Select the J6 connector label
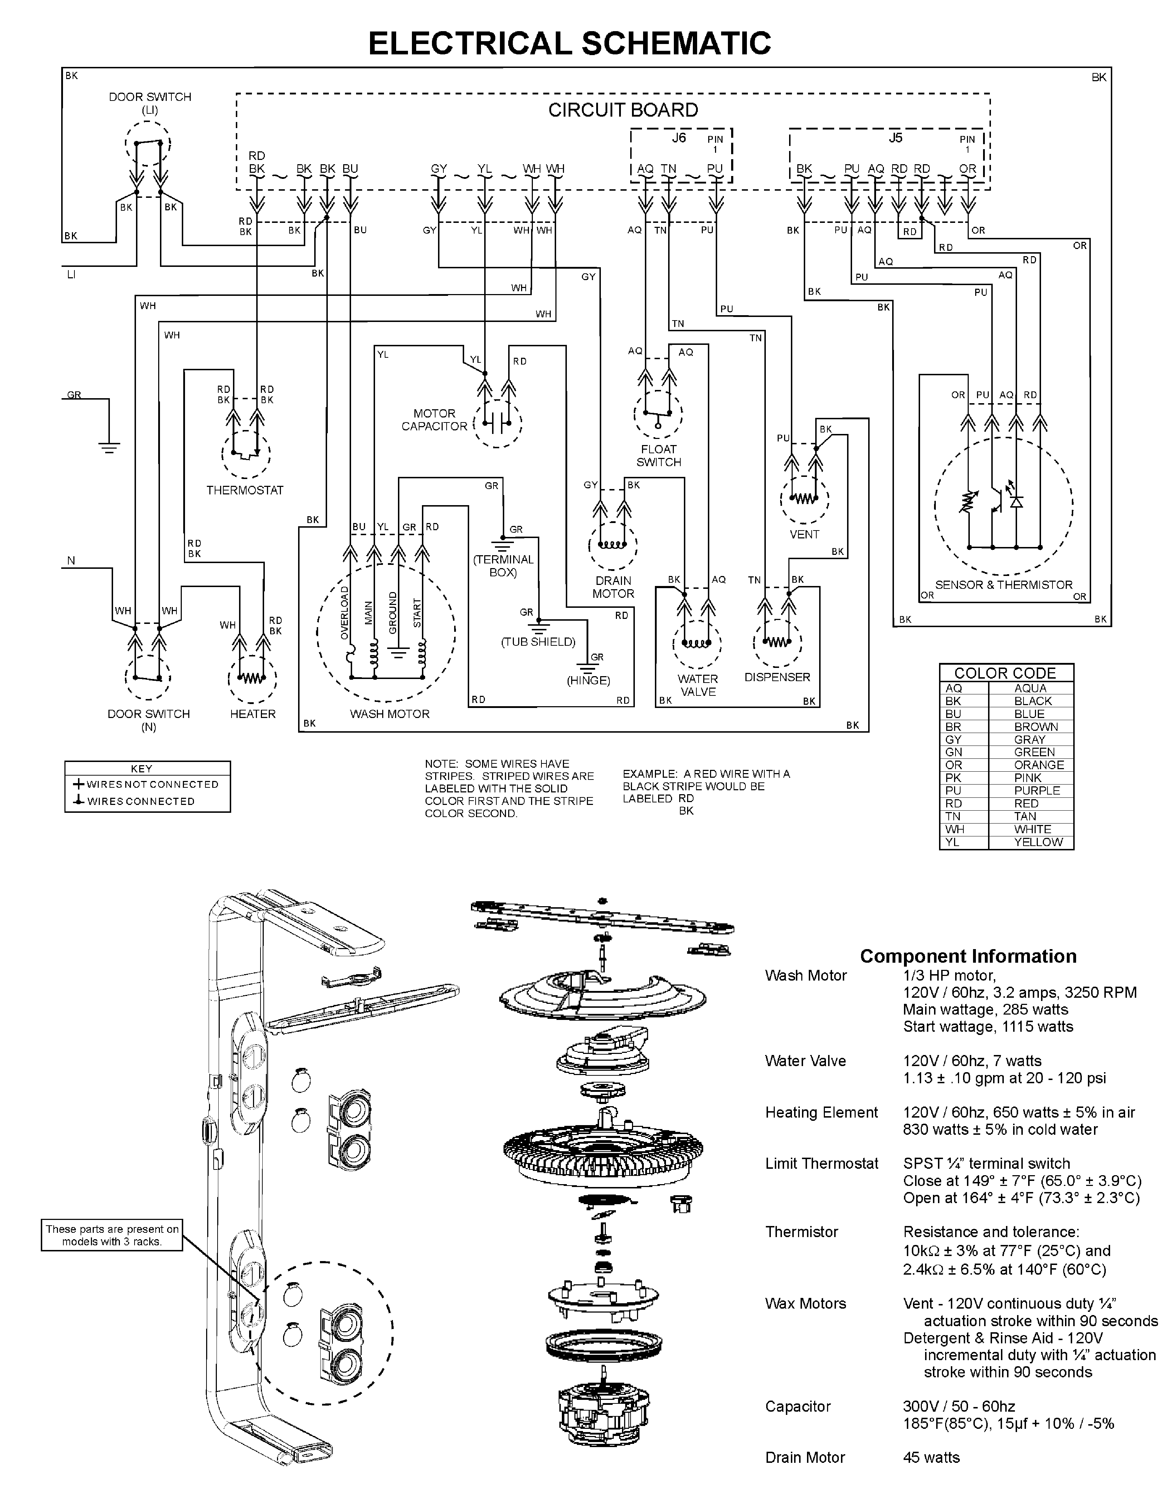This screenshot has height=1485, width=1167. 679,138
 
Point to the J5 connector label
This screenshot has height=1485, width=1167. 896,138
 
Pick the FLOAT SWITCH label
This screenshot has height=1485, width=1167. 659,456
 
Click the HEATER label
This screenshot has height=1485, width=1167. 253,714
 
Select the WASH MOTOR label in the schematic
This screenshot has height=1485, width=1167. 389,714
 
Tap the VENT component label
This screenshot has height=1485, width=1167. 804,534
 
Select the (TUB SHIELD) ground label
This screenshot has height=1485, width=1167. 538,642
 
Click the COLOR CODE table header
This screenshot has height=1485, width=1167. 1005,673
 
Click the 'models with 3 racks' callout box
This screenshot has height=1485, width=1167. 112,1235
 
